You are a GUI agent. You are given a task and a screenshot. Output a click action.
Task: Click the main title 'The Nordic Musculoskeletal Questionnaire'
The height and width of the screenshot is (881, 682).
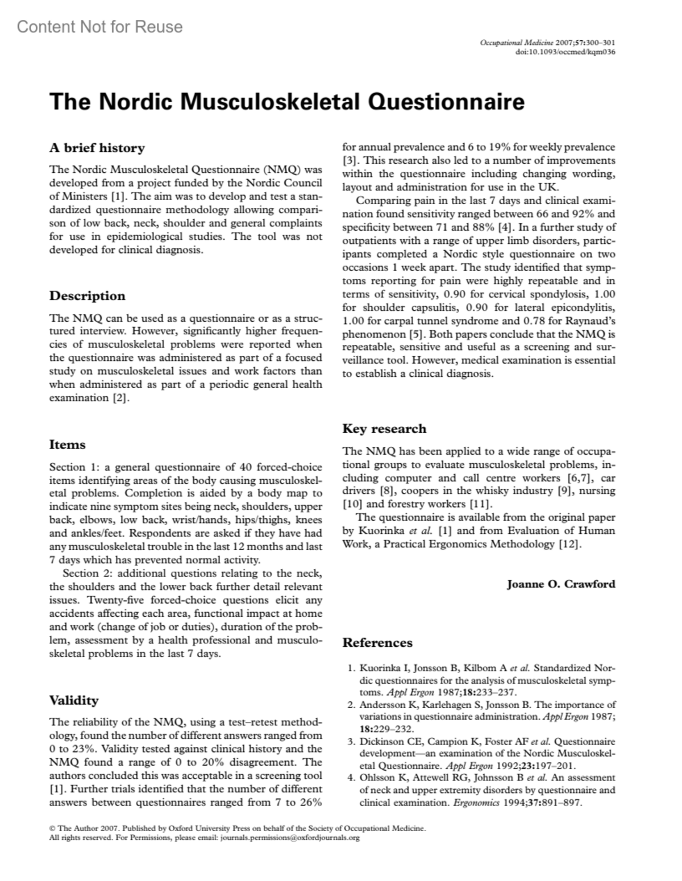click(287, 102)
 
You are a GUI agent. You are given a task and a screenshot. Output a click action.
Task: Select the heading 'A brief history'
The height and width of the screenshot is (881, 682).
click(97, 148)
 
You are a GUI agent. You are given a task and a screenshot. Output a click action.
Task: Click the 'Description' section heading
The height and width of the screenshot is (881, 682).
click(88, 296)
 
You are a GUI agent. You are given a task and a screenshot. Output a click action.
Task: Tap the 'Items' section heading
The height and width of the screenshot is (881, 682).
click(68, 445)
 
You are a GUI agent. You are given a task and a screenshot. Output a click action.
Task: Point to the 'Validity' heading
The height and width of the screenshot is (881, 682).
click(74, 700)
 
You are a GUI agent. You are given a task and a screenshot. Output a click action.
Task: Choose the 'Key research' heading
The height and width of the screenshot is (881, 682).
click(384, 429)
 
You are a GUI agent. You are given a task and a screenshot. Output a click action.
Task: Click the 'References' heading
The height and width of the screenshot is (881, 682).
click(377, 643)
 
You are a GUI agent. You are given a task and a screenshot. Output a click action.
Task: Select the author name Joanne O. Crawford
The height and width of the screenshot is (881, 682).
click(561, 584)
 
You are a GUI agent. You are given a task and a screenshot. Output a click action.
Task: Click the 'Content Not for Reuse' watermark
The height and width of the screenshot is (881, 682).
click(100, 27)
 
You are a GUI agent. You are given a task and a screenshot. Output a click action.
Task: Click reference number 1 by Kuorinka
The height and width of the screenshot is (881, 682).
click(481, 680)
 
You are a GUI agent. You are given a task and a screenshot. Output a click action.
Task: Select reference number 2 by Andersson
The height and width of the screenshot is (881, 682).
click(481, 717)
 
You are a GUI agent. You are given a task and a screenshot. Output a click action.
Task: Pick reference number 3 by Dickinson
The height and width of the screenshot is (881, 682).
click(481, 753)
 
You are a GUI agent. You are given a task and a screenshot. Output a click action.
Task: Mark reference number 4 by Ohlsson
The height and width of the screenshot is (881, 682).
click(481, 790)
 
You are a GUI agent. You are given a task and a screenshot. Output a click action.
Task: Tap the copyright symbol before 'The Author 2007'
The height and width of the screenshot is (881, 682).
click(52, 829)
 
